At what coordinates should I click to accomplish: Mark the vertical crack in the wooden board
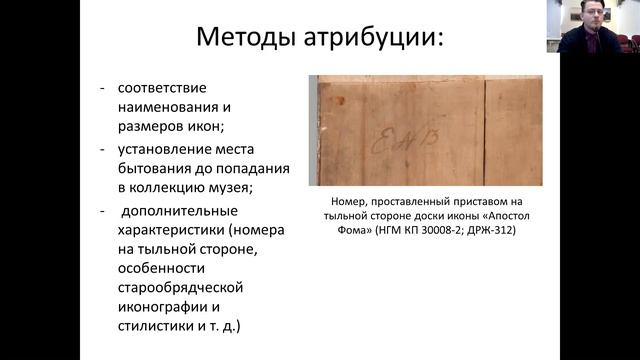tap(484, 130)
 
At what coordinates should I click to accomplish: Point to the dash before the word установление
tap(103, 149)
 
